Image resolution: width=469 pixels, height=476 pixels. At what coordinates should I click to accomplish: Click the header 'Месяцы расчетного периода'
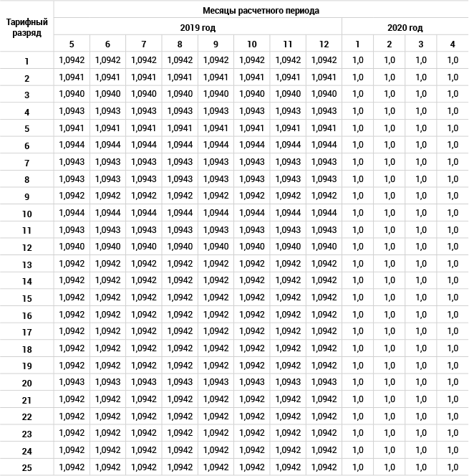coord(261,11)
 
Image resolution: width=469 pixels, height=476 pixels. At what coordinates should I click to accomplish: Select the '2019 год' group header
coord(197,28)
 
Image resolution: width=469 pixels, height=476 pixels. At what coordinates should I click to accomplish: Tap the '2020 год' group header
coord(405,28)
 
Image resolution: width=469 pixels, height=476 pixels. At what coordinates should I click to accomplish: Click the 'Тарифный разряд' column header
coord(26,27)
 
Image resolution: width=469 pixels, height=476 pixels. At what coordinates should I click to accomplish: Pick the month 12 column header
coord(324,44)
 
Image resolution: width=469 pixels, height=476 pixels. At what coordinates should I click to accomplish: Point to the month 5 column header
coord(72,44)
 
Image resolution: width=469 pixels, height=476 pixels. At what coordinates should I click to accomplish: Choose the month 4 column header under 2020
coord(453,44)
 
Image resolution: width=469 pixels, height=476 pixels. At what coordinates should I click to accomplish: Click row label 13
coord(26,265)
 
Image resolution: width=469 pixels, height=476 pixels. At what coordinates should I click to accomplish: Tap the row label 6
coord(26,146)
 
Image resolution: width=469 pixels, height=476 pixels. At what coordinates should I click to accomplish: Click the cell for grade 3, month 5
coord(72,95)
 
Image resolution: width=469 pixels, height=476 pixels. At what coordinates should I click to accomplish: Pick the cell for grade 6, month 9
coord(216,146)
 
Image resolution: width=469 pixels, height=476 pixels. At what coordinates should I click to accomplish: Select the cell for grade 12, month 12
coord(324,247)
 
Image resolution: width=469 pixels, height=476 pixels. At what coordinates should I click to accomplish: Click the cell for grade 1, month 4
coord(453,61)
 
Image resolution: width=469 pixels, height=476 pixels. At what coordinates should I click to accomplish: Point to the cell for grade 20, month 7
coord(143,383)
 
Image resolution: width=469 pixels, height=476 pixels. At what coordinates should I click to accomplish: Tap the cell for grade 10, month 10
coord(251,214)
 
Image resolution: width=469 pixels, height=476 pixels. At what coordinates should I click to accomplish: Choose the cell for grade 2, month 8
coord(180,77)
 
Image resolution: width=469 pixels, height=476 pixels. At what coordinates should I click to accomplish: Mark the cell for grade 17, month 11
coord(288,332)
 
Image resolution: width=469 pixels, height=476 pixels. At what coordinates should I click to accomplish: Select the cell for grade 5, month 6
coord(107,129)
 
